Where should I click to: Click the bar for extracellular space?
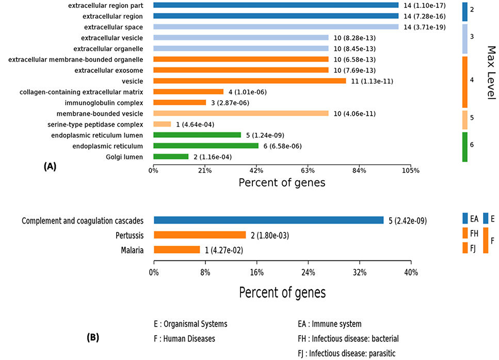(x=276, y=27)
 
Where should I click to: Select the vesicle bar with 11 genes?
(x=250, y=81)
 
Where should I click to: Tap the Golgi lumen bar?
(x=171, y=156)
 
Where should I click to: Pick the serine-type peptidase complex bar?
(x=162, y=124)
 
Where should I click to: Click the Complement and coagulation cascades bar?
(x=269, y=220)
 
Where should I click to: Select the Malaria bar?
(x=177, y=250)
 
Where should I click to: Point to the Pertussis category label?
(x=130, y=236)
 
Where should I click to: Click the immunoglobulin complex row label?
(x=104, y=103)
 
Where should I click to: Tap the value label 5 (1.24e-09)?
(x=265, y=135)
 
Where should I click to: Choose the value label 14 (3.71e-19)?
(x=425, y=27)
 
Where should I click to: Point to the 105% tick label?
(x=411, y=170)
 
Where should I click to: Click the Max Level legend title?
(x=492, y=73)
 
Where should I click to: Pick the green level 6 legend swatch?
(x=465, y=147)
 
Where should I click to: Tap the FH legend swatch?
(x=465, y=233)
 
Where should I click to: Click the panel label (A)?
(x=50, y=166)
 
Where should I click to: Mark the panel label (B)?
(x=93, y=337)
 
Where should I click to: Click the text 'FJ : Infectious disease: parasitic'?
(x=347, y=353)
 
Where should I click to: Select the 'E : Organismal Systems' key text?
(x=190, y=324)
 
